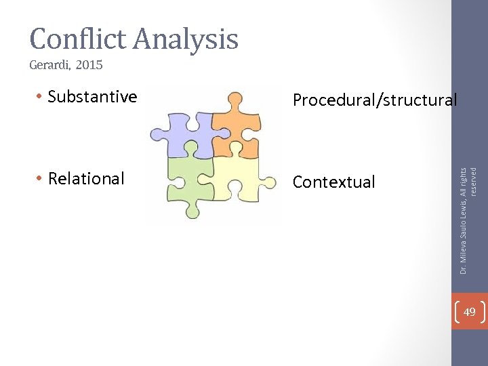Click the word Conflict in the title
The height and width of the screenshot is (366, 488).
click(x=77, y=39)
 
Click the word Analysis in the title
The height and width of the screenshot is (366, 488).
click(x=186, y=39)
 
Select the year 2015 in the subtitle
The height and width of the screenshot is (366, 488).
click(x=89, y=66)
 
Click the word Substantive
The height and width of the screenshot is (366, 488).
click(x=92, y=97)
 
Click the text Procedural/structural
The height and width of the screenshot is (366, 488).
click(x=375, y=100)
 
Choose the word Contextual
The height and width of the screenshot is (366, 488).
click(x=333, y=182)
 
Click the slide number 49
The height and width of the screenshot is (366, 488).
click(x=469, y=312)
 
